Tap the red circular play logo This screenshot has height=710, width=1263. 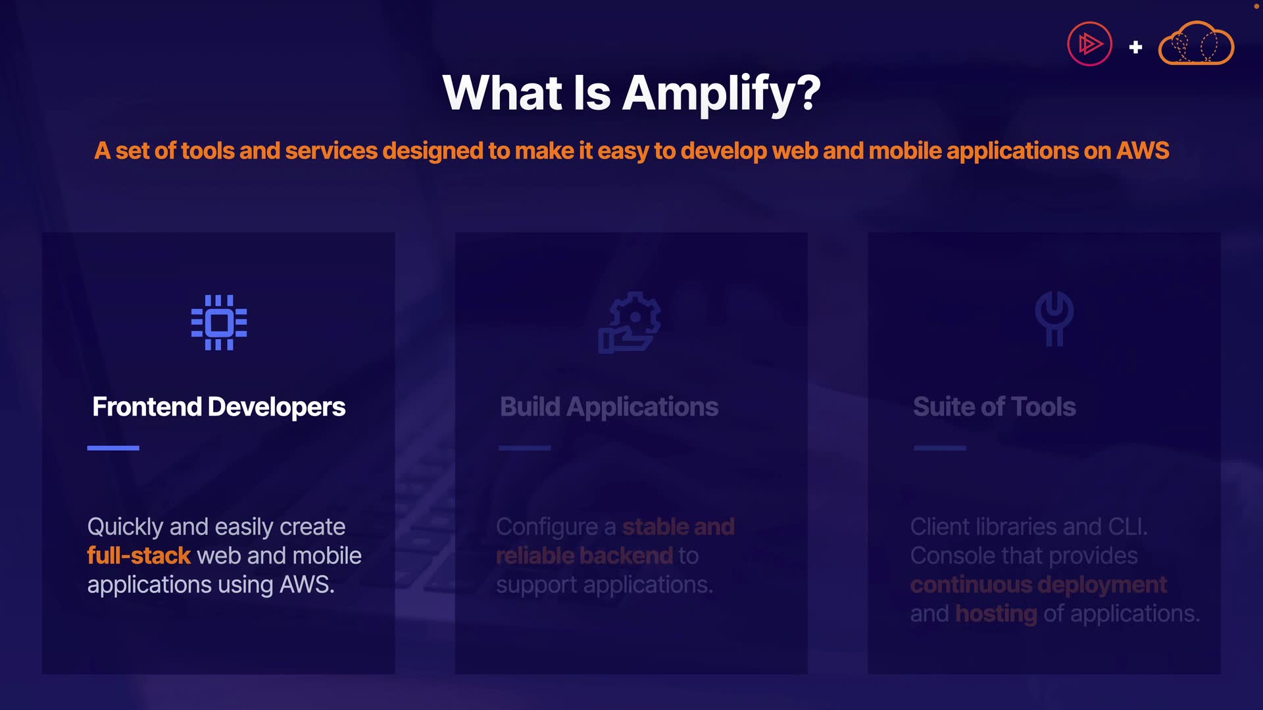click(1089, 44)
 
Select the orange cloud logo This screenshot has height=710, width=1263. click(1196, 43)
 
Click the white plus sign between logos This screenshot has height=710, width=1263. click(1135, 47)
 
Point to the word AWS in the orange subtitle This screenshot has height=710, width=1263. click(1143, 151)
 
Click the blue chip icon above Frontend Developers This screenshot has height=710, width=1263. click(219, 322)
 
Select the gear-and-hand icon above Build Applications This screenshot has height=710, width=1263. click(630, 322)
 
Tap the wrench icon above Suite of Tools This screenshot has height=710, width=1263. click(1054, 318)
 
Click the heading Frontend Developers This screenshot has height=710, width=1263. click(219, 407)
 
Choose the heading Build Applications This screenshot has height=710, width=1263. click(609, 407)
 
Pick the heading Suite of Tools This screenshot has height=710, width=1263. click(995, 407)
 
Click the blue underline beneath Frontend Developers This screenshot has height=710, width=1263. click(113, 448)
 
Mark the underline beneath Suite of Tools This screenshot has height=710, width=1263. click(940, 448)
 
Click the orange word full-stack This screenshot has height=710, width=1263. click(139, 556)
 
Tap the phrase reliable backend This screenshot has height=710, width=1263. click(585, 556)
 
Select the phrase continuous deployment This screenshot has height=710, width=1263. click(1039, 584)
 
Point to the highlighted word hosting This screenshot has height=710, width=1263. click(996, 614)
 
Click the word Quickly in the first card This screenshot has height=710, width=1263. click(125, 527)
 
